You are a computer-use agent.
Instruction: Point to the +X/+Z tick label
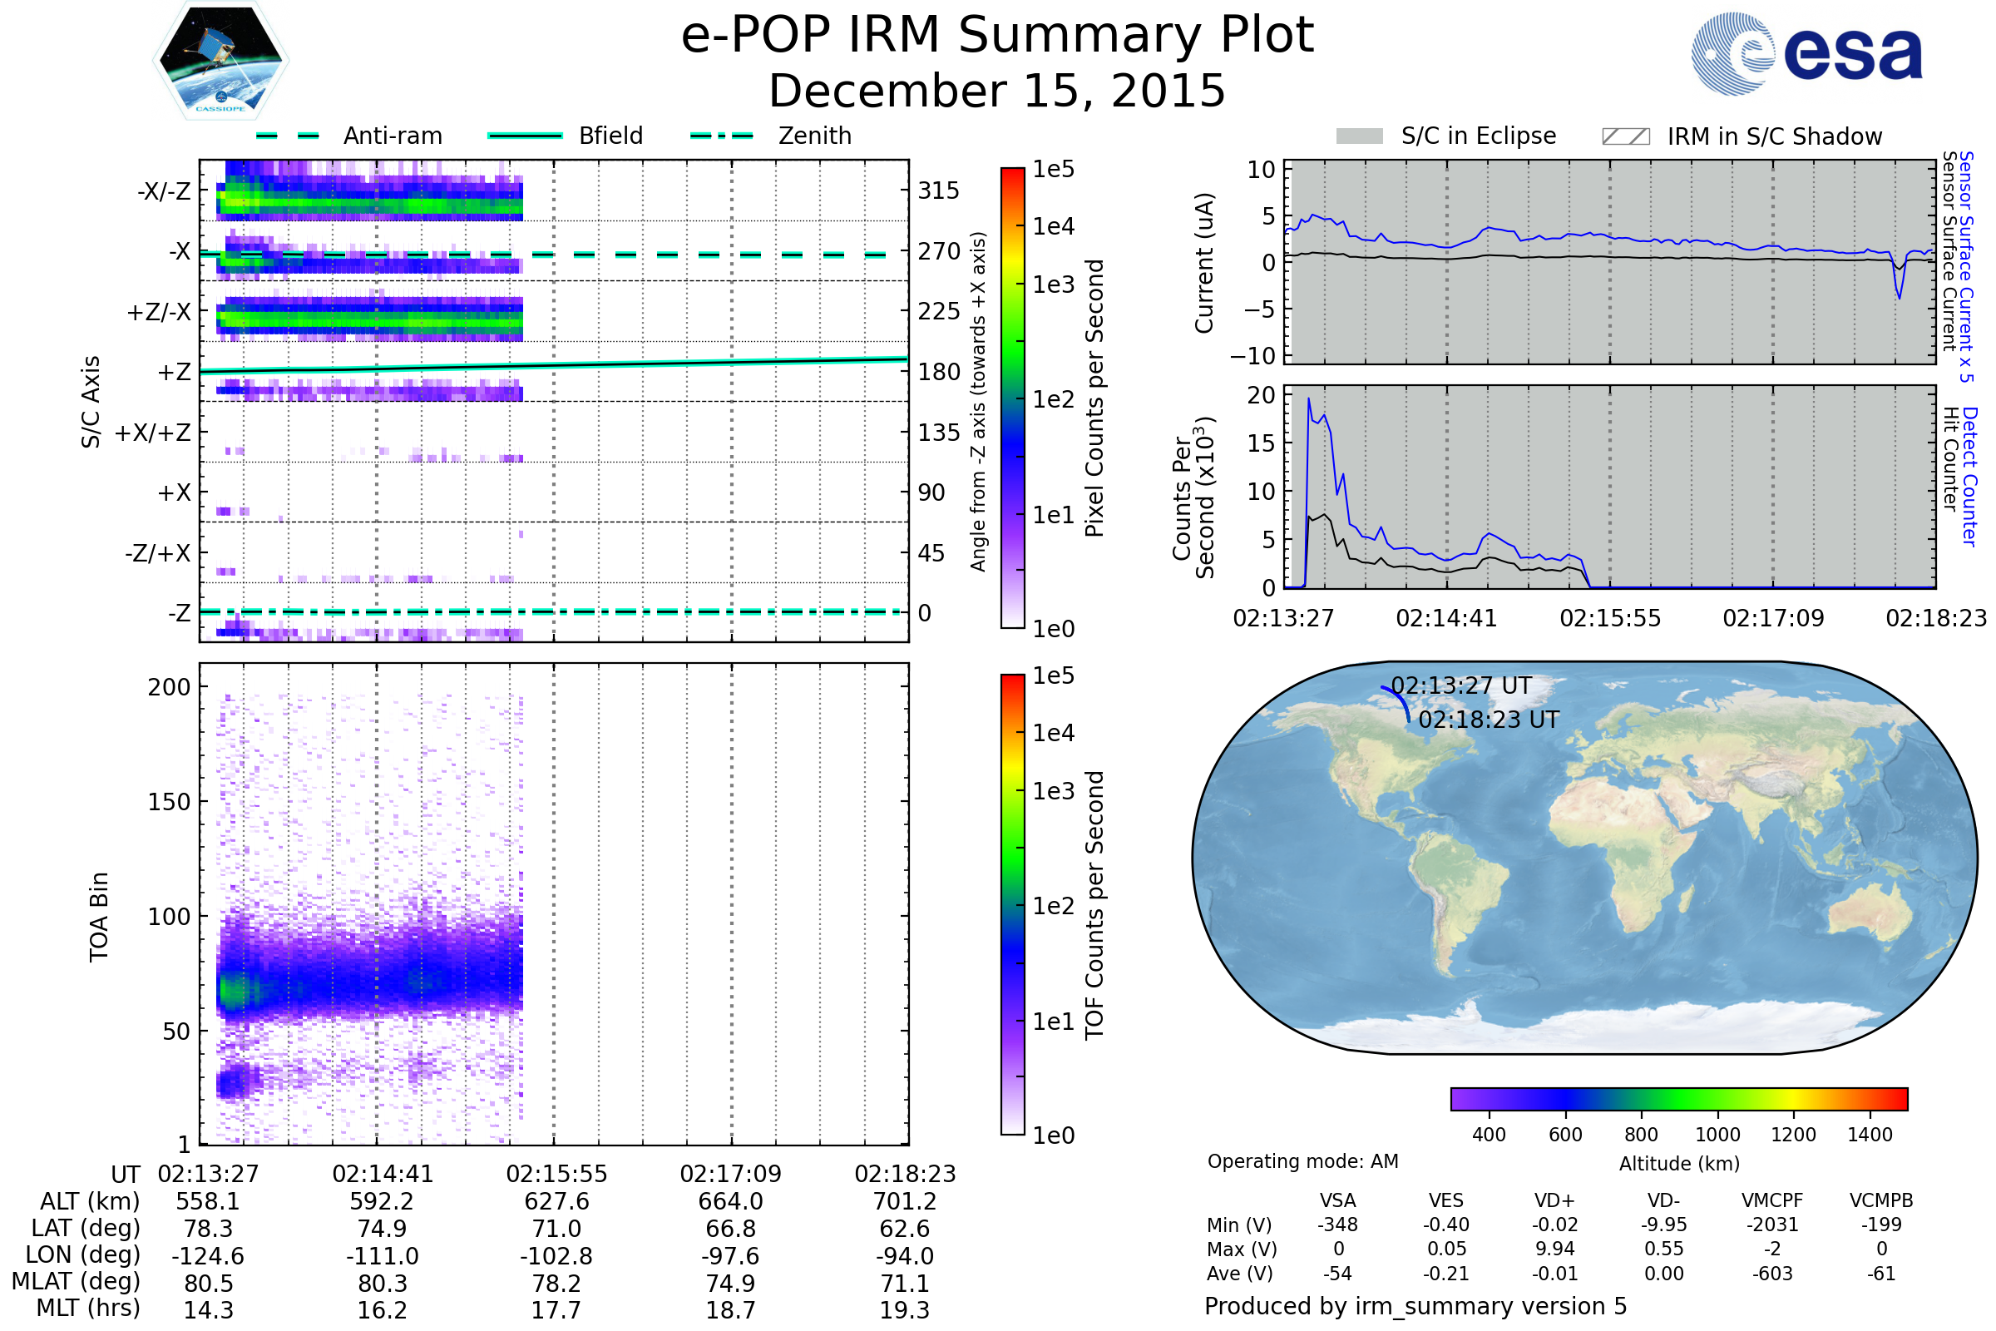[x=153, y=433]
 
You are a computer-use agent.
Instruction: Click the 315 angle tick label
[x=938, y=191]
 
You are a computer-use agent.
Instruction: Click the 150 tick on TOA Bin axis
[x=169, y=802]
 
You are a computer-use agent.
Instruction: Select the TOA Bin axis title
[x=98, y=917]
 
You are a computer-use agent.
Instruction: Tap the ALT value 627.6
[x=556, y=1202]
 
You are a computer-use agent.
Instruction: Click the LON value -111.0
[x=383, y=1256]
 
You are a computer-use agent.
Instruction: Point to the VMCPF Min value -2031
[x=1772, y=1225]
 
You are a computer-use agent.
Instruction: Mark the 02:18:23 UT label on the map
[x=1489, y=720]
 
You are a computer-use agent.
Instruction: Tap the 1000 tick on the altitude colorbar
[x=1717, y=1135]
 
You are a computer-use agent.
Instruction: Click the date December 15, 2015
[x=997, y=91]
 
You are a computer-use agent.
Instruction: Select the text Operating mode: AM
[x=1302, y=1161]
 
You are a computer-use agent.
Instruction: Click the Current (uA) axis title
[x=1204, y=263]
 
